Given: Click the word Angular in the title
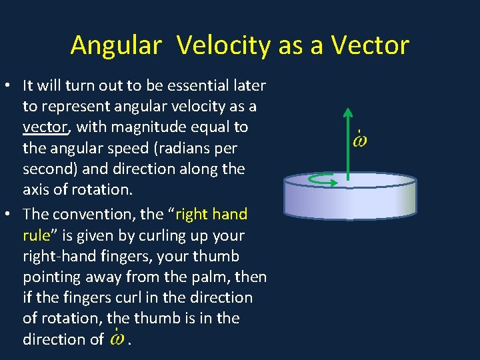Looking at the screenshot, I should [116, 45].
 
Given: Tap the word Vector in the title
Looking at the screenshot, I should [369, 45].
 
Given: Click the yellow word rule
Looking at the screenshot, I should [35, 235].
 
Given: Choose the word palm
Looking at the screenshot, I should [201, 277].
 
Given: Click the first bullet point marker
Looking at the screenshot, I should [10, 86].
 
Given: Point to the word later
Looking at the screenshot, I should [249, 85].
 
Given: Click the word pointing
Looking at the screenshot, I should [53, 277].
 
